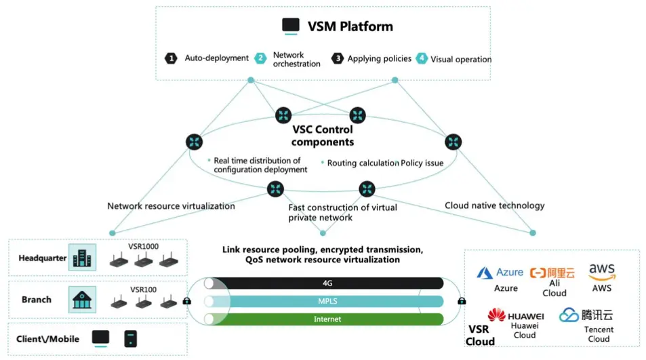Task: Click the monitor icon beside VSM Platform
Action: point(290,26)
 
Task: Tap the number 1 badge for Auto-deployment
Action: point(171,58)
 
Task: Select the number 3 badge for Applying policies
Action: point(338,58)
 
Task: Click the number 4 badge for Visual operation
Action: point(422,58)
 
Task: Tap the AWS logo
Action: point(602,273)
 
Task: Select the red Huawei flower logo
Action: point(496,315)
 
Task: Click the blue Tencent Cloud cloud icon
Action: point(569,315)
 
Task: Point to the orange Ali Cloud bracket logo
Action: point(538,273)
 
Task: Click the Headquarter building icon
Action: point(83,258)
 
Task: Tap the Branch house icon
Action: point(82,300)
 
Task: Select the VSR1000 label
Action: point(144,246)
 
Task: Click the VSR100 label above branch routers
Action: point(144,289)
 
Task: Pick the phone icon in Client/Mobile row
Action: point(131,339)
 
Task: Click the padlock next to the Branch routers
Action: point(186,301)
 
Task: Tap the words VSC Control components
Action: point(323,136)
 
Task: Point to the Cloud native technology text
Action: point(494,205)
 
